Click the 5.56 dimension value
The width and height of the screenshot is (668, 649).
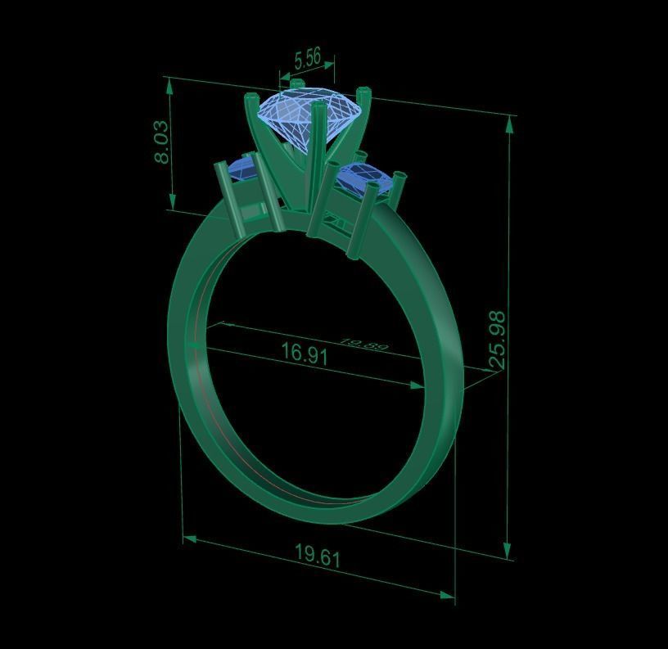(307, 58)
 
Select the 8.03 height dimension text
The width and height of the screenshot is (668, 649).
(162, 142)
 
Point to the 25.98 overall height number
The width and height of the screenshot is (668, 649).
(496, 340)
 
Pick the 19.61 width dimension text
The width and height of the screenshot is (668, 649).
(317, 557)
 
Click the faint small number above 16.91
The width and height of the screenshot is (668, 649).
(363, 345)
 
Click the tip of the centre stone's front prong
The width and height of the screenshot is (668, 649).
(317, 106)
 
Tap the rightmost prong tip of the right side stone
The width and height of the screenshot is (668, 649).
(399, 176)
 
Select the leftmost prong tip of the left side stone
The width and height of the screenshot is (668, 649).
(219, 166)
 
